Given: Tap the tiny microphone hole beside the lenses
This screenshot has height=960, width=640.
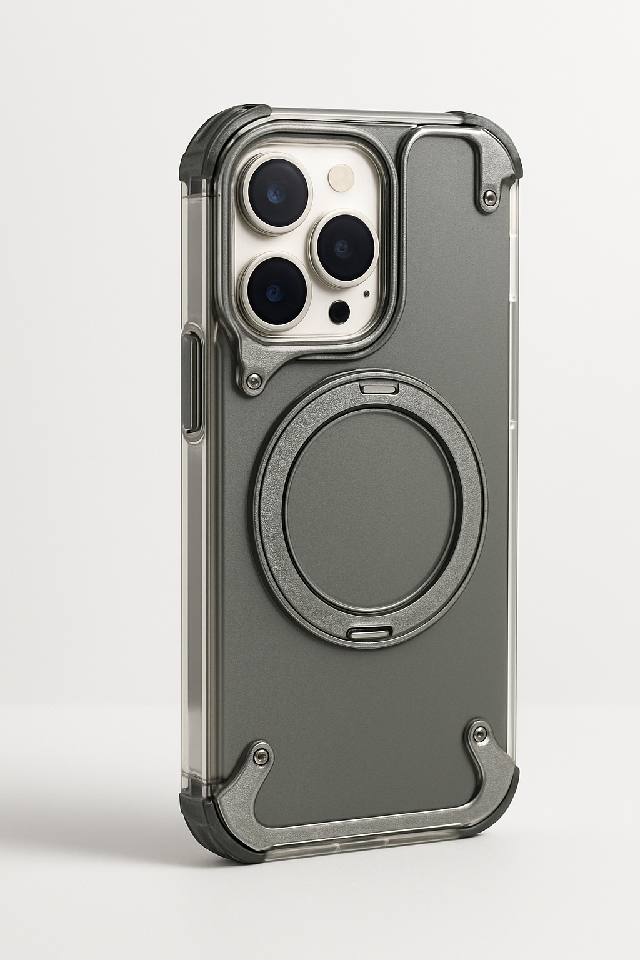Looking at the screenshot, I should point(366,293).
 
